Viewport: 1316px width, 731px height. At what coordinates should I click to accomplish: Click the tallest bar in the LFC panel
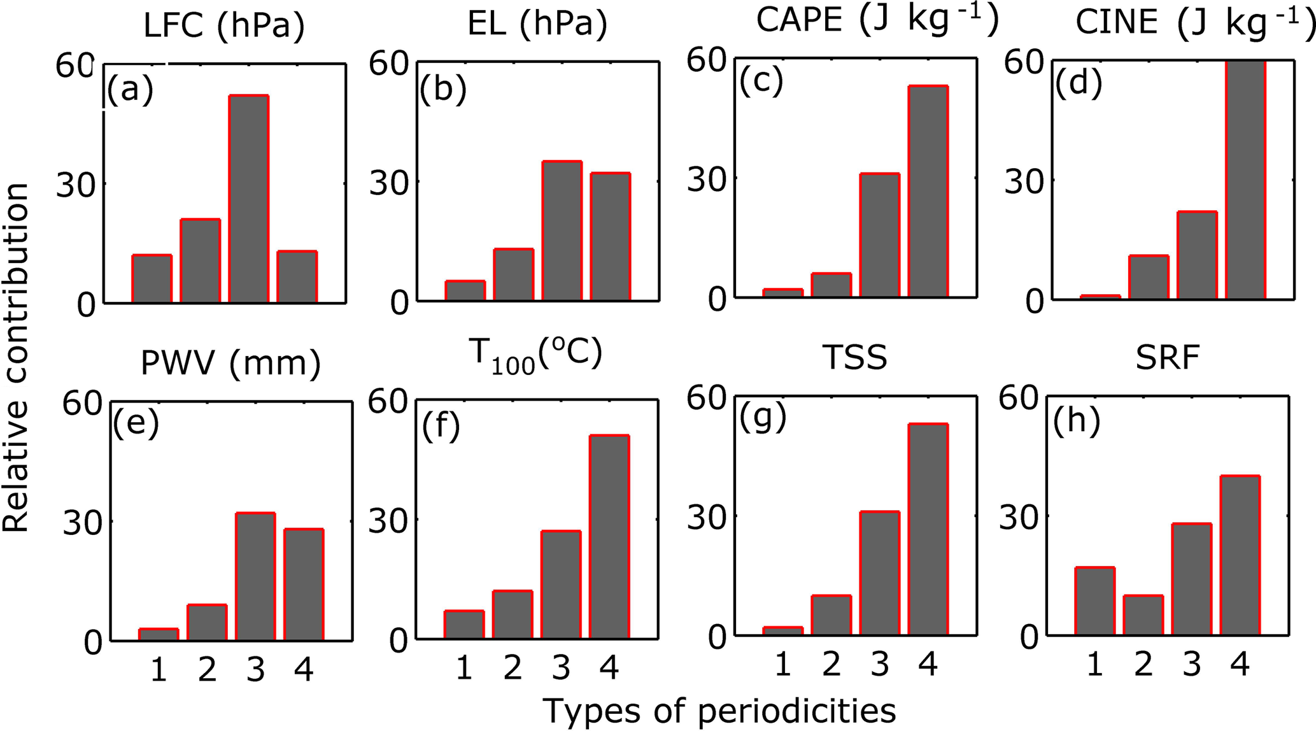pos(249,199)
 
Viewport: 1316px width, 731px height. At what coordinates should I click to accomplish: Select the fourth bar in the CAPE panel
pos(928,191)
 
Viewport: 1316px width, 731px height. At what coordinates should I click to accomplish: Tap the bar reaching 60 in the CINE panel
pos(1245,180)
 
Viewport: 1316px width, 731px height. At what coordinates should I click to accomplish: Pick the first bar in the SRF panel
pos(1094,600)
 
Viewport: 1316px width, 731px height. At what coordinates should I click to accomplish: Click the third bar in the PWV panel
pos(255,576)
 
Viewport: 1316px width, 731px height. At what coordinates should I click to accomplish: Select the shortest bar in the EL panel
pos(465,290)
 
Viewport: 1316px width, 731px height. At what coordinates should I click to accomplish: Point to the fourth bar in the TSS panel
pos(928,529)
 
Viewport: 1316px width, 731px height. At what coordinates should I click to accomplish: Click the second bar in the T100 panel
pos(513,614)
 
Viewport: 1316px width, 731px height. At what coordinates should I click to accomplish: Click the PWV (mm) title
pos(230,363)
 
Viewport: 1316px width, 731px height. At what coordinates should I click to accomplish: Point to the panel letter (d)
pos(1079,84)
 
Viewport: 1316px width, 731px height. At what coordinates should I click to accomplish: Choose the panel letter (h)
pos(1077,422)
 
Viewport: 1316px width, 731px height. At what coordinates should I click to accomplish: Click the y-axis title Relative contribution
pos(16,357)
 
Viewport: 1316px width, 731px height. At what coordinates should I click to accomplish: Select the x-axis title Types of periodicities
pos(719,711)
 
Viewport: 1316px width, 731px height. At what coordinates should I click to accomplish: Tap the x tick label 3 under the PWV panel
pos(255,669)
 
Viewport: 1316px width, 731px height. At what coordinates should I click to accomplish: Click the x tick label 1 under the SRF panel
pos(1094,664)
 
